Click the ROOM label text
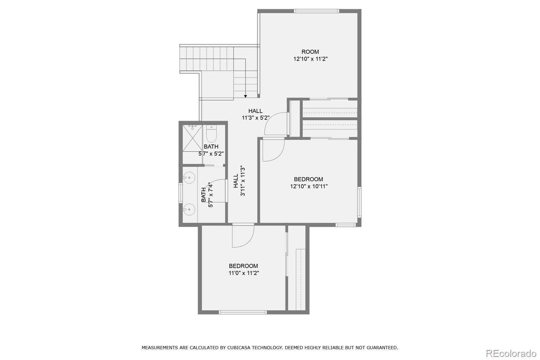click(x=310, y=52)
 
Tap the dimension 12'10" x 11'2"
click(x=310, y=59)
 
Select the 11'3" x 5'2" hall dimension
click(x=255, y=118)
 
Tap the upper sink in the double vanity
click(x=189, y=177)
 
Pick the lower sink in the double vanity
click(x=189, y=210)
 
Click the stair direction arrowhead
click(x=245, y=96)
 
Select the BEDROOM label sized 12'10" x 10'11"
click(x=308, y=179)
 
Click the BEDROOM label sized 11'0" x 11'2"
click(x=243, y=266)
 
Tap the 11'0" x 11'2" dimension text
click(x=243, y=273)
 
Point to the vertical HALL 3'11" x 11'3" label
click(x=239, y=181)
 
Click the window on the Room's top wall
click(x=316, y=11)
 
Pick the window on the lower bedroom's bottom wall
click(x=242, y=312)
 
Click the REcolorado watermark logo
click(x=511, y=353)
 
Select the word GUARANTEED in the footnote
click(x=383, y=348)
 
